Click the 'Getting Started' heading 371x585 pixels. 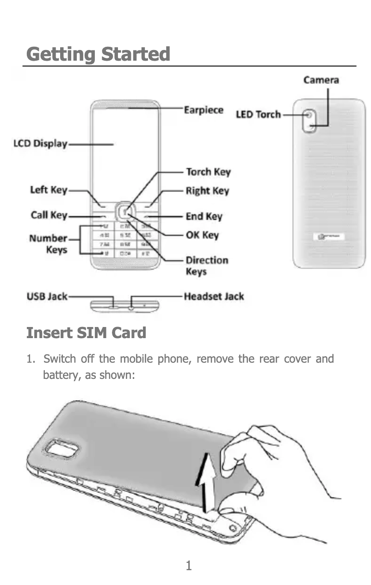click(98, 54)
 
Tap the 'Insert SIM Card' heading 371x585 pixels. click(86, 333)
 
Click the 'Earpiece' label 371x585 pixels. click(204, 110)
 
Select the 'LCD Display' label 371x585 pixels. click(40, 144)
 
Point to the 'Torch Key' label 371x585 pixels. click(208, 172)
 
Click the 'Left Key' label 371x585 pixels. click(49, 190)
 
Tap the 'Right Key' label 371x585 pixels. click(207, 191)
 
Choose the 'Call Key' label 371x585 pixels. click(49, 215)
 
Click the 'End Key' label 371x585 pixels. click(204, 216)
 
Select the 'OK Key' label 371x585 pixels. click(202, 235)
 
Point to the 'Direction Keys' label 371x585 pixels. click(207, 265)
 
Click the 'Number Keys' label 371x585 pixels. click(49, 244)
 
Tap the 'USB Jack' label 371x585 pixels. click(47, 296)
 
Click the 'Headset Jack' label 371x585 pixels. click(214, 296)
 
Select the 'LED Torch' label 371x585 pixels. click(258, 114)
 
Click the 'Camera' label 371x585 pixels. click(321, 80)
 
